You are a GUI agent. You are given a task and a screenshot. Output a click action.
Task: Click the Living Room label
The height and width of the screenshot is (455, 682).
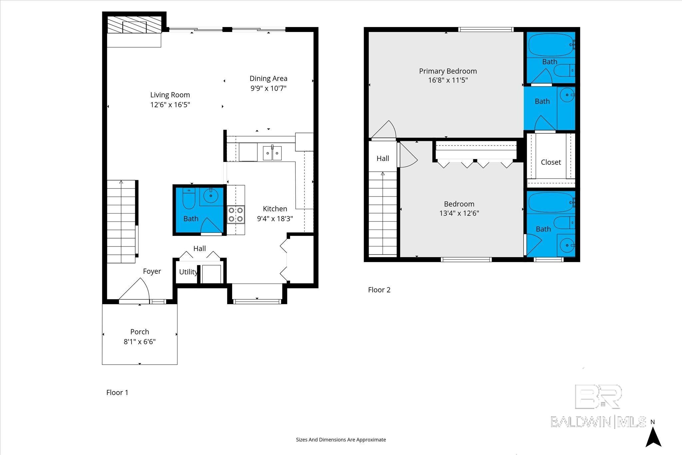pyautogui.click(x=170, y=95)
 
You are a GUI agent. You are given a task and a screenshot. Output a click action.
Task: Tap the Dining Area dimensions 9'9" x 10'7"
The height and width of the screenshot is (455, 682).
pyautogui.click(x=268, y=88)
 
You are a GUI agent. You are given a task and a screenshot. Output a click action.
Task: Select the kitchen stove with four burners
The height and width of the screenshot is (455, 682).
pyautogui.click(x=236, y=214)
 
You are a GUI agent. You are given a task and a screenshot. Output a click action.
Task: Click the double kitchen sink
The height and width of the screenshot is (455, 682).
pyautogui.click(x=272, y=153)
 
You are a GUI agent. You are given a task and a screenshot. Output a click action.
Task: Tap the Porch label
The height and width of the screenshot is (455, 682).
pyautogui.click(x=140, y=332)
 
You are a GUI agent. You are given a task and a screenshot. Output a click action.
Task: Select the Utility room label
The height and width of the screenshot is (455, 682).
pyautogui.click(x=188, y=272)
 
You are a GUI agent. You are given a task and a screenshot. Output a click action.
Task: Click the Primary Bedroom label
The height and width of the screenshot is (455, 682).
pyautogui.click(x=448, y=71)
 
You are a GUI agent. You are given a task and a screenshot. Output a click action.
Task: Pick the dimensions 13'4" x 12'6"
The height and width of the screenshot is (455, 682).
pyautogui.click(x=459, y=213)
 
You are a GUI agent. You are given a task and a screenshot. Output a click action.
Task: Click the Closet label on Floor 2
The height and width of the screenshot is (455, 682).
pyautogui.click(x=551, y=162)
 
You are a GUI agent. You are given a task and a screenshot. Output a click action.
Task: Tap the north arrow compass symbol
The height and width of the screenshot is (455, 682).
pyautogui.click(x=653, y=437)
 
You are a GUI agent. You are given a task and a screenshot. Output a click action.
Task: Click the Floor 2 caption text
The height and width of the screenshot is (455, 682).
pyautogui.click(x=379, y=290)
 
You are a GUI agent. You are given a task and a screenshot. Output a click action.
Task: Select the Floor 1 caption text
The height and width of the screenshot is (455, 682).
pyautogui.click(x=117, y=392)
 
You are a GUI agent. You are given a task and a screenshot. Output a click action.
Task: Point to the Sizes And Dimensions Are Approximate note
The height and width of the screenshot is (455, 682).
pyautogui.click(x=341, y=440)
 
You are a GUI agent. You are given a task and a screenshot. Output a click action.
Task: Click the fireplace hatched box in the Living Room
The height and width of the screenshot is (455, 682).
pyautogui.click(x=135, y=25)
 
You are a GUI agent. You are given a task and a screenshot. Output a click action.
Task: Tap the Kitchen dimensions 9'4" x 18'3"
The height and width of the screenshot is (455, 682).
pyautogui.click(x=275, y=219)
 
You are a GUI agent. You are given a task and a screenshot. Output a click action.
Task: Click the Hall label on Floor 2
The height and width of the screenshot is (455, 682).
pyautogui.click(x=383, y=159)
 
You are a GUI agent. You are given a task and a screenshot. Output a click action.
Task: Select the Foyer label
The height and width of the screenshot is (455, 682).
pyautogui.click(x=152, y=271)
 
